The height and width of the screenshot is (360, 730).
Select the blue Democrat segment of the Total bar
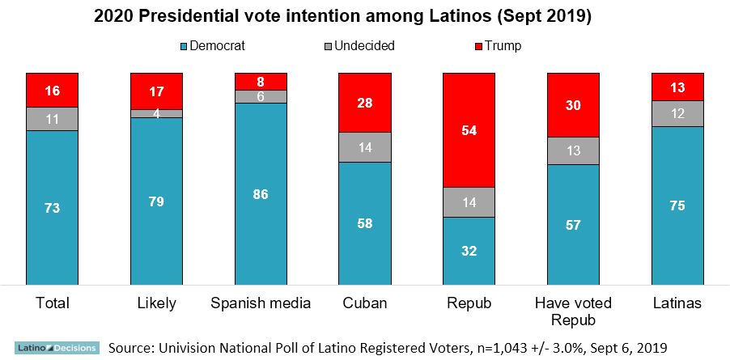pyautogui.click(x=52, y=207)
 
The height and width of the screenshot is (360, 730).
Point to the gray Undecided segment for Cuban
pyautogui.click(x=365, y=147)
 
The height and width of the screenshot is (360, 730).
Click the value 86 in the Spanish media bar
pyautogui.click(x=261, y=194)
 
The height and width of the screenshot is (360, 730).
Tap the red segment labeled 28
pyautogui.click(x=365, y=103)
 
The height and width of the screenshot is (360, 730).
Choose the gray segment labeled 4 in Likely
pyautogui.click(x=156, y=113)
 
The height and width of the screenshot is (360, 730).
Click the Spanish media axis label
pyautogui.click(x=261, y=303)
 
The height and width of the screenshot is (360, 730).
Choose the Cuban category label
pyautogui.click(x=365, y=303)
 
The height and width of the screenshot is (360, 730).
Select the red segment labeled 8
pyautogui.click(x=261, y=82)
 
